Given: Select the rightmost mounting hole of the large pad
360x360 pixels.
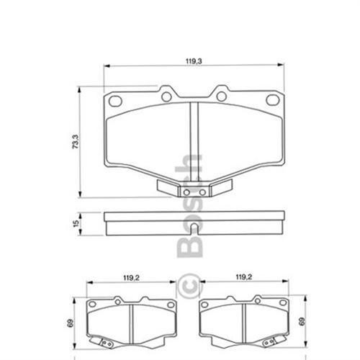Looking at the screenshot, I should (x=273, y=101).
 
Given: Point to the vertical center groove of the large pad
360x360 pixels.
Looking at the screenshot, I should (x=191, y=140).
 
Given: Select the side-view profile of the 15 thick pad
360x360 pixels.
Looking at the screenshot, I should (x=194, y=222).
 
